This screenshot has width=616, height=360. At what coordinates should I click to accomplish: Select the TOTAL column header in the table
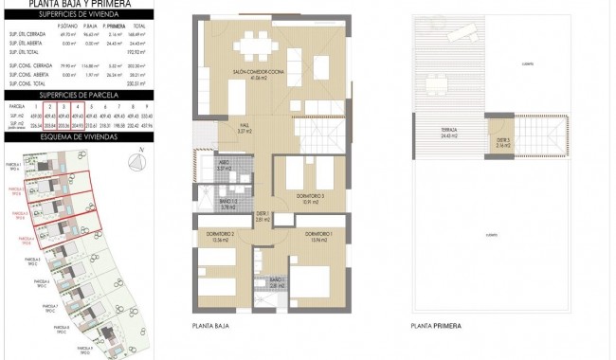(139, 27)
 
